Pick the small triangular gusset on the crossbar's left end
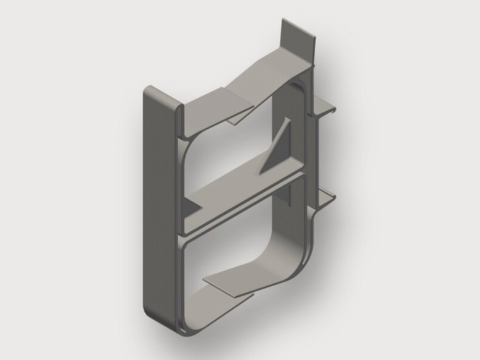191,207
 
